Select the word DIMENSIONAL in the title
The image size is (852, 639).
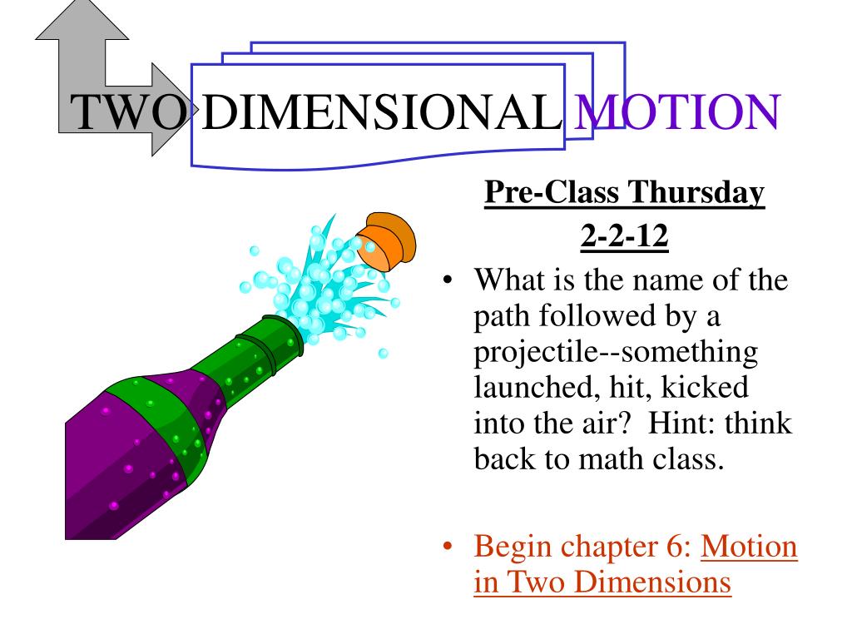[x=379, y=113]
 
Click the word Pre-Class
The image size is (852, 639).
[x=552, y=194]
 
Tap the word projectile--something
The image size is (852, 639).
[x=617, y=353]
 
